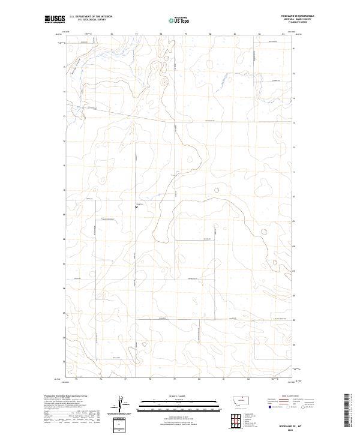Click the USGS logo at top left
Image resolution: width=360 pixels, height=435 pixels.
(x=55, y=19)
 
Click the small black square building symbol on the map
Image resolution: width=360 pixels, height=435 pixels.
(x=136, y=208)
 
